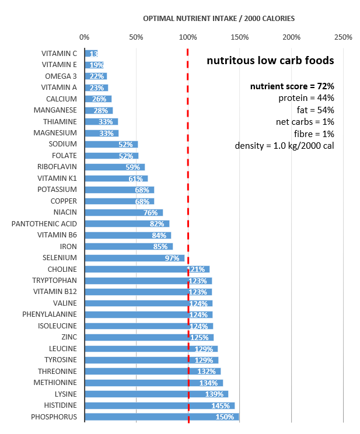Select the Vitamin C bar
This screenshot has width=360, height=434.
91,54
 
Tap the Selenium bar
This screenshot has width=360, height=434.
134,258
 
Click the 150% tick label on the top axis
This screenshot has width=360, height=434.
240,37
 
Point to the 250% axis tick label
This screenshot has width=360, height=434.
343,37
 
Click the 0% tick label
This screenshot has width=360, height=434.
85,37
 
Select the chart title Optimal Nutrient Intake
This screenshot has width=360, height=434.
219,18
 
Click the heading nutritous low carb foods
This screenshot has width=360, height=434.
270,60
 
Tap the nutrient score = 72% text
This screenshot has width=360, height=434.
292,86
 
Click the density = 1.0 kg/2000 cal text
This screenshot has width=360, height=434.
284,145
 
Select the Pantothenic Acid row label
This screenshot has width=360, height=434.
44,224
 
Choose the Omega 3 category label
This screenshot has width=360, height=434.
61,76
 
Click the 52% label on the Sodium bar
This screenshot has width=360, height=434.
125,145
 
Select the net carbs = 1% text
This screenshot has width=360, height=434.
305,122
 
